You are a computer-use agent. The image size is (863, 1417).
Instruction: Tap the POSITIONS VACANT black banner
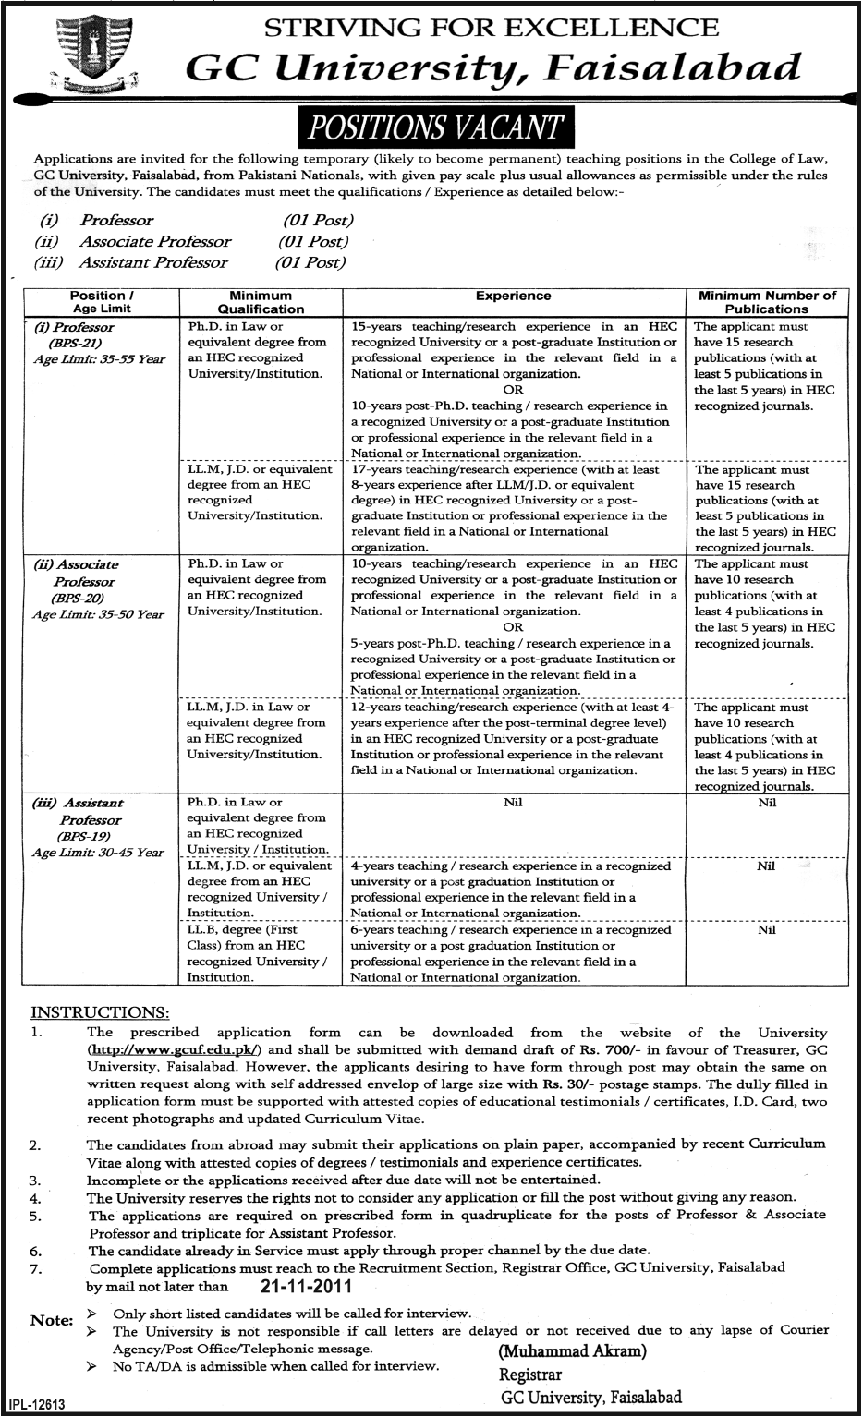pyautogui.click(x=431, y=127)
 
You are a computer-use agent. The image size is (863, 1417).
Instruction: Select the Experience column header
pyautogui.click(x=513, y=296)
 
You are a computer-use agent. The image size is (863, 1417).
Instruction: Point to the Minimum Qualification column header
pyautogui.click(x=261, y=302)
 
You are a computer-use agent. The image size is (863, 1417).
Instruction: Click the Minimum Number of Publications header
pyautogui.click(x=767, y=302)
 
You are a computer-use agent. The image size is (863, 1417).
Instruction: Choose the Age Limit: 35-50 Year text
pyautogui.click(x=99, y=614)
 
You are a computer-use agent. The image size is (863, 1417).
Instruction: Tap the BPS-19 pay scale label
pyautogui.click(x=89, y=836)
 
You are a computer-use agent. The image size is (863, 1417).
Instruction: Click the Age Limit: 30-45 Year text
pyautogui.click(x=99, y=853)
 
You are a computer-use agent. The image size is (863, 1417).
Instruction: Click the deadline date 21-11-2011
pyautogui.click(x=289, y=1285)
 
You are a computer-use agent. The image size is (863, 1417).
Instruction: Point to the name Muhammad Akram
pyautogui.click(x=565, y=1350)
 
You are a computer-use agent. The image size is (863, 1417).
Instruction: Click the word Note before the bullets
pyautogui.click(x=51, y=1320)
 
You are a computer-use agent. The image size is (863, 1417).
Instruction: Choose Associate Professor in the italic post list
pyautogui.click(x=155, y=241)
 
